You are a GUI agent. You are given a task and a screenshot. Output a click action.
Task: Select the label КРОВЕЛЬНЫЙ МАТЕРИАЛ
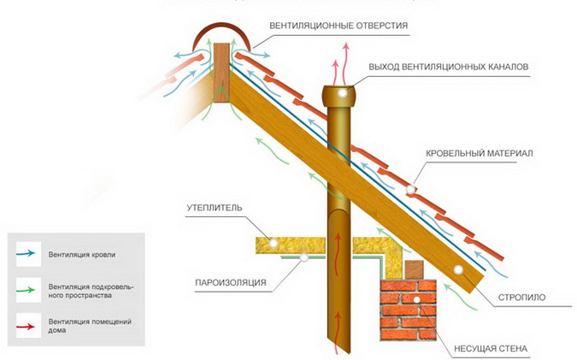(x=480, y=152)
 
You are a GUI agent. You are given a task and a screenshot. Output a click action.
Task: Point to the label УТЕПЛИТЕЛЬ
(x=215, y=207)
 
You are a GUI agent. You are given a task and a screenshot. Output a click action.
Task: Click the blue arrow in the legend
(x=26, y=254)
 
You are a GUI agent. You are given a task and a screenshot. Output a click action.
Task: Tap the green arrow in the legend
(x=26, y=289)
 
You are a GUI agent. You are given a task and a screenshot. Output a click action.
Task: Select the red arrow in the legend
(x=26, y=325)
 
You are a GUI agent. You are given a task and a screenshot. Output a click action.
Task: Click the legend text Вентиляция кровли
(x=82, y=254)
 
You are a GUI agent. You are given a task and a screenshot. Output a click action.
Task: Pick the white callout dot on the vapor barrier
(x=299, y=261)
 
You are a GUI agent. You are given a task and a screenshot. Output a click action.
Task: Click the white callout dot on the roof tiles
(x=410, y=187)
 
